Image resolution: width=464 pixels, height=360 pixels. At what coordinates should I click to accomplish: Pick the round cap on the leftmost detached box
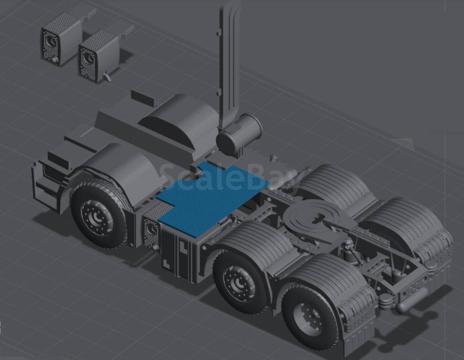[x=55, y=60]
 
